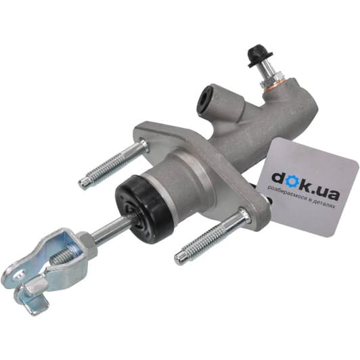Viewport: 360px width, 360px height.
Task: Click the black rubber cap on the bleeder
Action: pyautogui.click(x=259, y=55)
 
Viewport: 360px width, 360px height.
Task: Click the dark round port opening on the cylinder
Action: pyautogui.click(x=204, y=101)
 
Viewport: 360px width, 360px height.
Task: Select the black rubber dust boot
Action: pyautogui.click(x=144, y=206)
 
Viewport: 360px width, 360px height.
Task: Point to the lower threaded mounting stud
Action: pyautogui.click(x=212, y=235)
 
